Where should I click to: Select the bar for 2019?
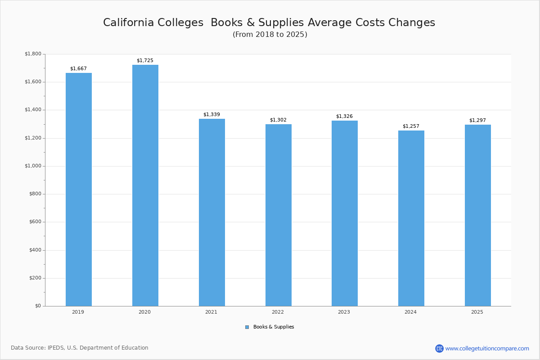[79, 189]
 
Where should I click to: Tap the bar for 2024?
[411, 218]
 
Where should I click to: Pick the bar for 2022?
[279, 215]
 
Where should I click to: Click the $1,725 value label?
[145, 60]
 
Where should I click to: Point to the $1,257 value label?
[411, 126]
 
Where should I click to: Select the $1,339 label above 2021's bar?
[211, 114]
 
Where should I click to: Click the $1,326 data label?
[344, 116]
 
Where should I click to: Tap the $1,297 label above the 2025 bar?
[477, 120]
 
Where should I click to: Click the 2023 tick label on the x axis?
[344, 312]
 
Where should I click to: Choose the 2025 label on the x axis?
[477, 312]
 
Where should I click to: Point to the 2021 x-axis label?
[211, 312]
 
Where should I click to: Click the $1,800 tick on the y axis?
[33, 54]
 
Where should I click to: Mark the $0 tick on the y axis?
[38, 306]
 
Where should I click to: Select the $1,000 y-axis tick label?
[33, 166]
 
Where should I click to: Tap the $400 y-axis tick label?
[35, 250]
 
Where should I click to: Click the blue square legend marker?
[247, 327]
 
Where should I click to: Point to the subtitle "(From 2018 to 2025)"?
[270, 35]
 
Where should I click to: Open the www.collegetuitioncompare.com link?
[487, 348]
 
